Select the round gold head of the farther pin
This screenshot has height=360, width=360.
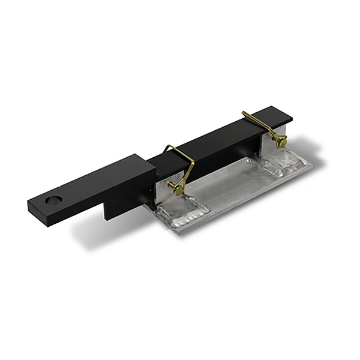[x=280, y=142]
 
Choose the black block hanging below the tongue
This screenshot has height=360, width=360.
[x=123, y=207]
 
